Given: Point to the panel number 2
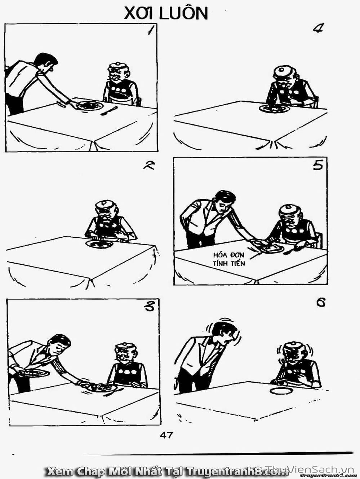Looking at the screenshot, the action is tap(149, 167).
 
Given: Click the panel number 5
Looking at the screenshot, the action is tap(317, 166).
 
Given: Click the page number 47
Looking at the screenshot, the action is tap(166, 435).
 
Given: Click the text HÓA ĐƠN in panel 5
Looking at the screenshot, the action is tap(228, 255).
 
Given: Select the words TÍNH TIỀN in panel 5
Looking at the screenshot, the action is tap(229, 263).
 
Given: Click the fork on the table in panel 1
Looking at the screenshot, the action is tap(109, 111).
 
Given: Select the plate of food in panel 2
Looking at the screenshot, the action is tap(99, 244).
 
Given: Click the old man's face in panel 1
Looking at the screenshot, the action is tap(119, 75).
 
